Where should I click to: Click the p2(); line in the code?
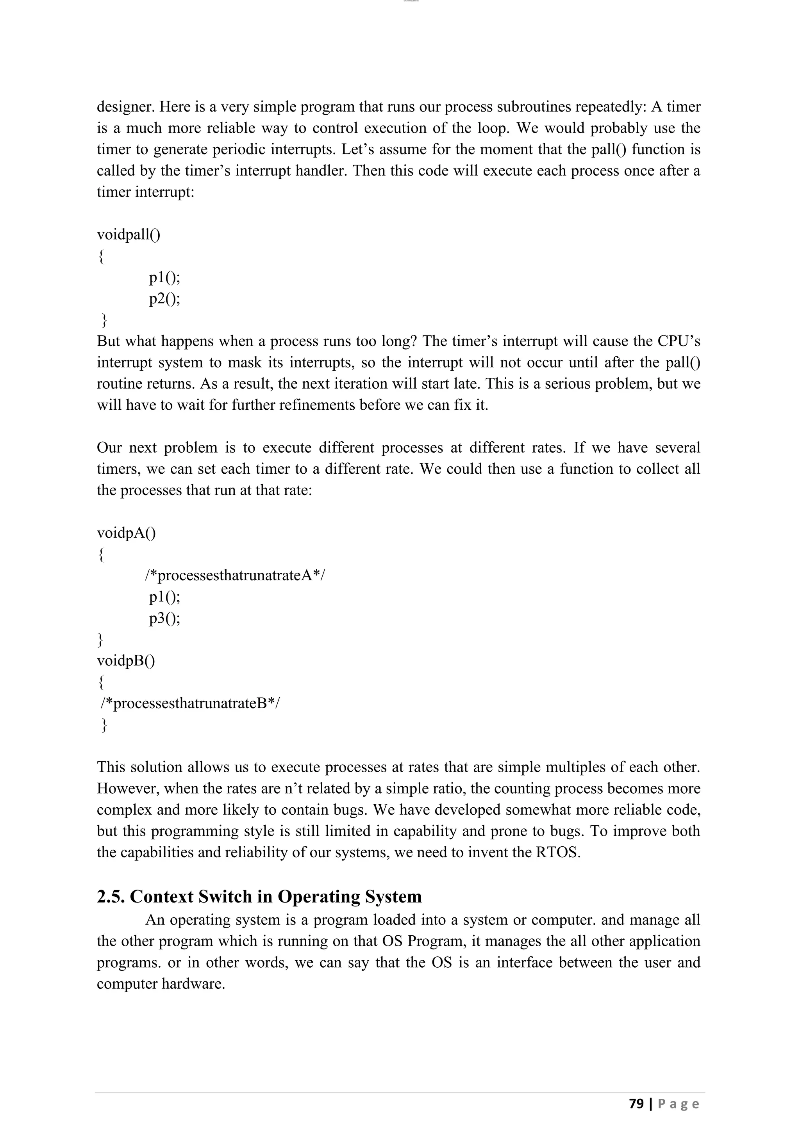pos(164,298)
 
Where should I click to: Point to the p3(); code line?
pos(164,618)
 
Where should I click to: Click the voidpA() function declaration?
pos(126,533)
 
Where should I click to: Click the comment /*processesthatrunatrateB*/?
pos(190,703)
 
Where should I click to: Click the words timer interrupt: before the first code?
pos(145,192)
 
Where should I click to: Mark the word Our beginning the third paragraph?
pos(109,448)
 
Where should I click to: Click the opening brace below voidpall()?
pos(101,256)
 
